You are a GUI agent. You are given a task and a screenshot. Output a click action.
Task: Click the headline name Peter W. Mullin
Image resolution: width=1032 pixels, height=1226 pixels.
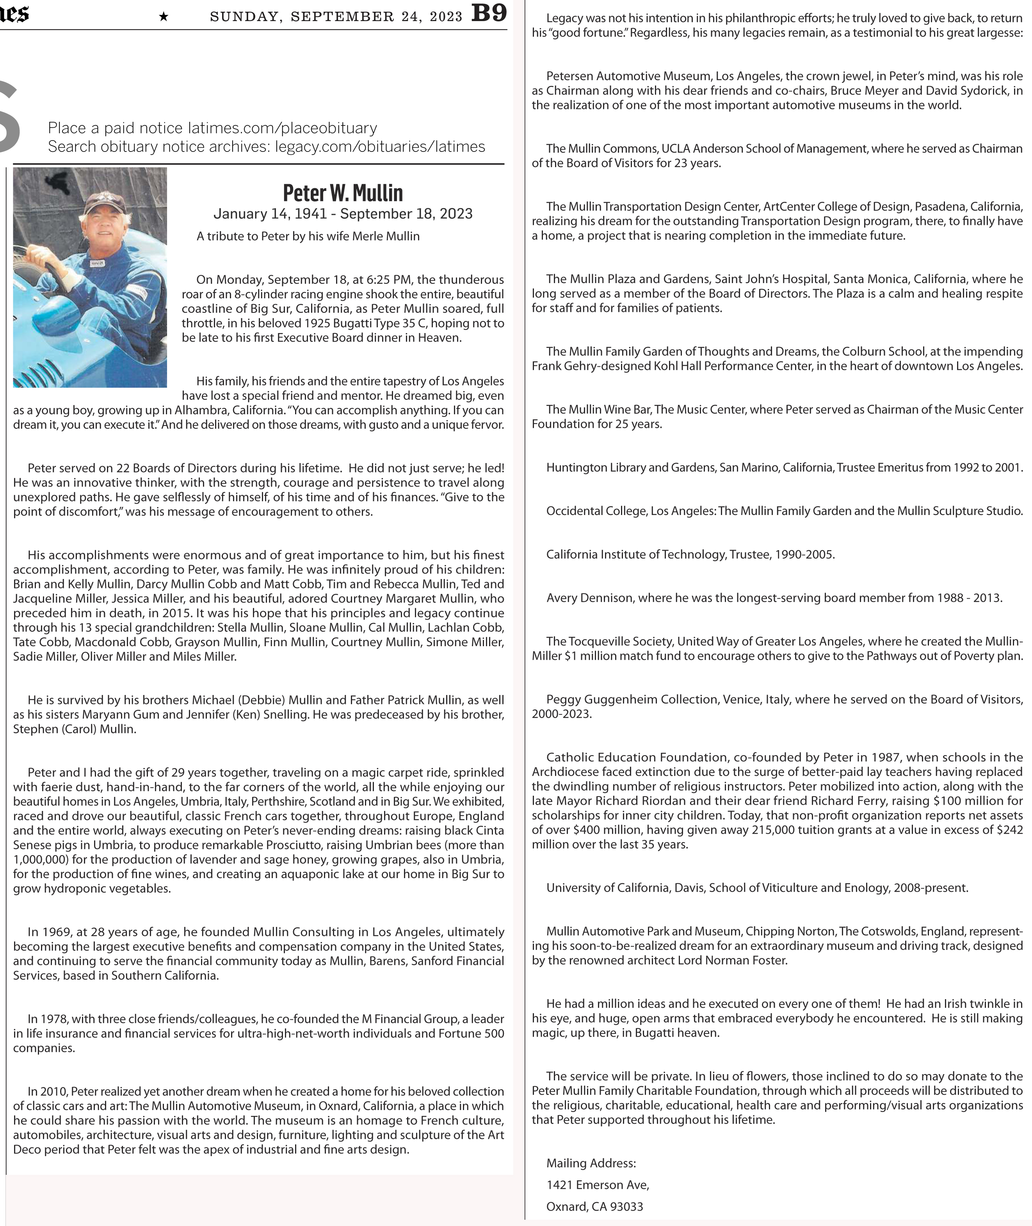coord(342,192)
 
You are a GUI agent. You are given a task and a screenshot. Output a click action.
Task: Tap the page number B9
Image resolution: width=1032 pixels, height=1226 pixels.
coord(489,13)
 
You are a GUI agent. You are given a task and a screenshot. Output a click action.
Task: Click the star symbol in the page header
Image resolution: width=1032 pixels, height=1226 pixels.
coord(164,17)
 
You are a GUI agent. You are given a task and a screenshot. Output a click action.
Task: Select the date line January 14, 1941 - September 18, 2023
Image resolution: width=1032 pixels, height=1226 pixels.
coord(342,214)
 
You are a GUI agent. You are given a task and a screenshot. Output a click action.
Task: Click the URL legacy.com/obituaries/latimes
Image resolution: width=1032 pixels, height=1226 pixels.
coord(380,146)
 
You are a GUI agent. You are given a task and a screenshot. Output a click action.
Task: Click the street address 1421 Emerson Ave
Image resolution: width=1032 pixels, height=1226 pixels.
coord(597,1185)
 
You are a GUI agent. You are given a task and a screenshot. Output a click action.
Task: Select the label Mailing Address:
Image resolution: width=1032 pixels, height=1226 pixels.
coord(591,1164)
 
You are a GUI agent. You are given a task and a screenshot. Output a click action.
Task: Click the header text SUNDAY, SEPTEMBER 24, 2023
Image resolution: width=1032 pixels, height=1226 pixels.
coord(336,17)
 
